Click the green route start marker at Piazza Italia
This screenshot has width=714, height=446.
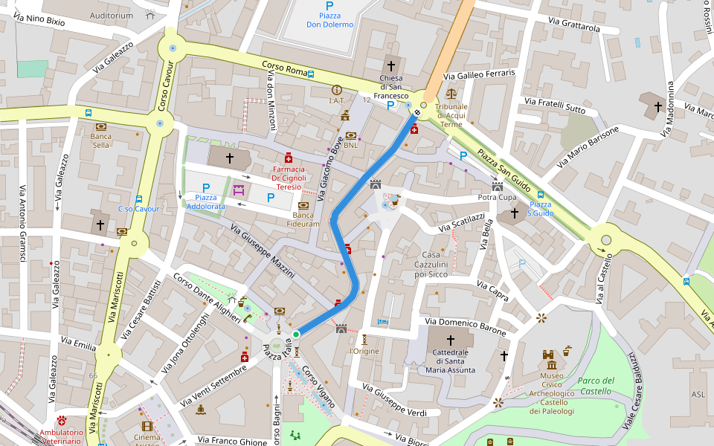(x=296, y=335)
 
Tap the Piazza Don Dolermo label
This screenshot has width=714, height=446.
(x=329, y=20)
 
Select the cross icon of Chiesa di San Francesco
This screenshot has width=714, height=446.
(x=391, y=66)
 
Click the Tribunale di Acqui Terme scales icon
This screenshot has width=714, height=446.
(x=451, y=94)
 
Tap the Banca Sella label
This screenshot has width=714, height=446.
(x=100, y=140)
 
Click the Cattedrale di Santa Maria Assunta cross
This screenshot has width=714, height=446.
(x=450, y=340)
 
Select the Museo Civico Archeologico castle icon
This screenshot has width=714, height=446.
(x=551, y=361)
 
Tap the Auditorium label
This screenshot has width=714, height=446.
(x=111, y=15)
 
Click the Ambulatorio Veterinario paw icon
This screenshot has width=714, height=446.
(x=61, y=421)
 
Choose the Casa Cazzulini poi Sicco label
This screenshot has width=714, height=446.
(x=425, y=265)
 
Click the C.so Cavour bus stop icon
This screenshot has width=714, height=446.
(x=139, y=199)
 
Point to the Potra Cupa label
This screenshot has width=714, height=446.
(x=497, y=198)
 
